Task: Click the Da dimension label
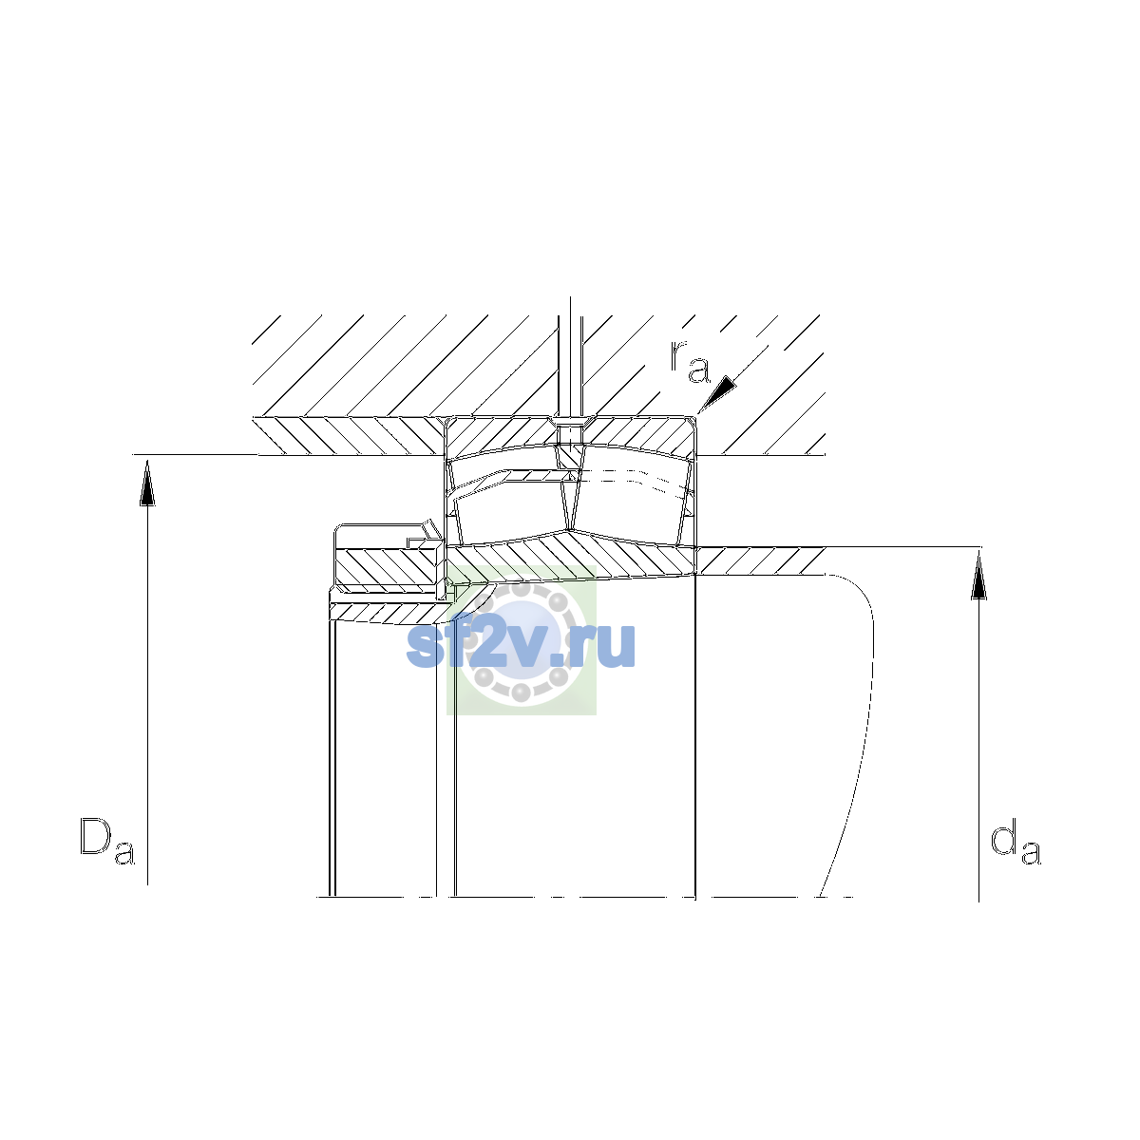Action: [x=107, y=841]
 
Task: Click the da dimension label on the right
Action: [x=1016, y=841]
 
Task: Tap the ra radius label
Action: [x=690, y=361]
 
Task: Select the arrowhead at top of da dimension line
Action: [x=979, y=577]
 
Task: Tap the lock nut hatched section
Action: [x=387, y=567]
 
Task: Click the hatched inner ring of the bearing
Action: [x=570, y=558]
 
